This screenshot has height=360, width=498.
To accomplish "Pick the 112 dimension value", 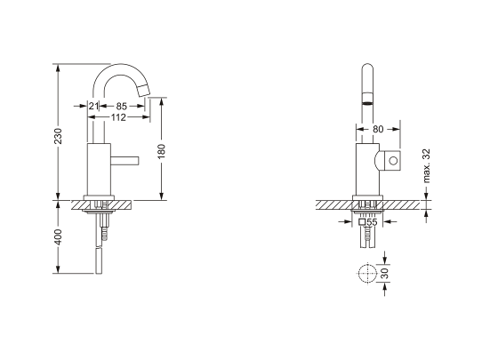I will [117, 116].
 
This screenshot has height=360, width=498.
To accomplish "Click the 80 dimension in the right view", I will [378, 129].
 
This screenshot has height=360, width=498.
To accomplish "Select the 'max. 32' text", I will [428, 166].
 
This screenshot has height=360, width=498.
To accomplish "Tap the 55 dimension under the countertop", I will [373, 223].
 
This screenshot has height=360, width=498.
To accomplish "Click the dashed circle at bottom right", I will [365, 274].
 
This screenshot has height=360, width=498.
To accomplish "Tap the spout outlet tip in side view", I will [145, 88].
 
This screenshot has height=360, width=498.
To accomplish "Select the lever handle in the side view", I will [125, 161].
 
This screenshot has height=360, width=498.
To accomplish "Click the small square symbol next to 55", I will [363, 223].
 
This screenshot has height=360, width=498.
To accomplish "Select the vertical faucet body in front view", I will [365, 169].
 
